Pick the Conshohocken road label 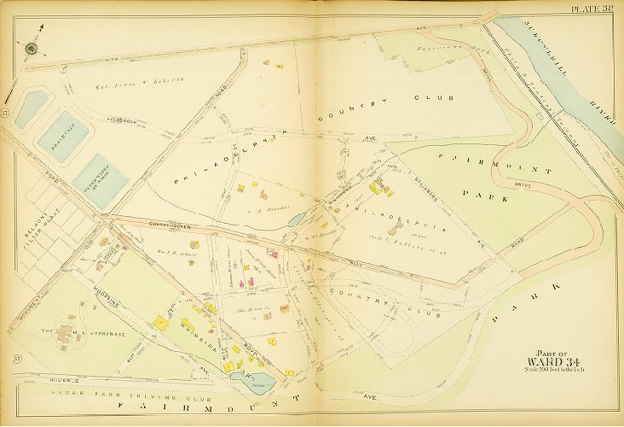tap(167, 225)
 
